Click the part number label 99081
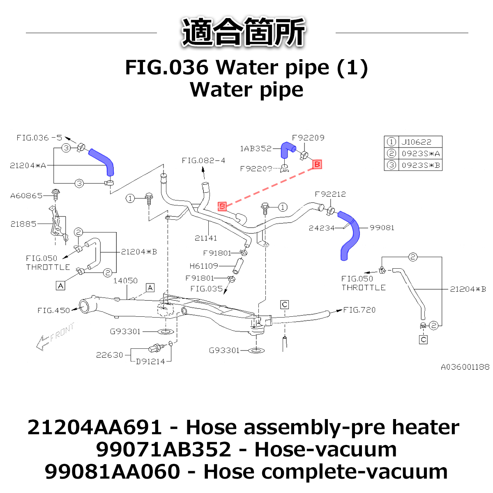click(x=382, y=228)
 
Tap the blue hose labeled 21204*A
click(x=103, y=160)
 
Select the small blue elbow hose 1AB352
click(x=286, y=149)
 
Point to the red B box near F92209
click(x=317, y=164)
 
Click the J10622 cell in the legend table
click(x=417, y=142)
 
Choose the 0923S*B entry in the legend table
click(x=421, y=165)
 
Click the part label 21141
click(x=206, y=238)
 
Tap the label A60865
click(x=26, y=196)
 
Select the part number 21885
click(x=23, y=224)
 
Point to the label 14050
click(x=125, y=281)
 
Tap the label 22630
click(x=109, y=355)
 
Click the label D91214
click(x=150, y=362)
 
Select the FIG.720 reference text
click(x=359, y=310)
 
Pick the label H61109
click(x=204, y=266)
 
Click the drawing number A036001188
click(x=465, y=367)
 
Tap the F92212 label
click(x=330, y=194)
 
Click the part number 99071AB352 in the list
click(x=164, y=449)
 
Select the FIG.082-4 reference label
click(x=203, y=161)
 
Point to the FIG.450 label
click(x=54, y=311)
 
